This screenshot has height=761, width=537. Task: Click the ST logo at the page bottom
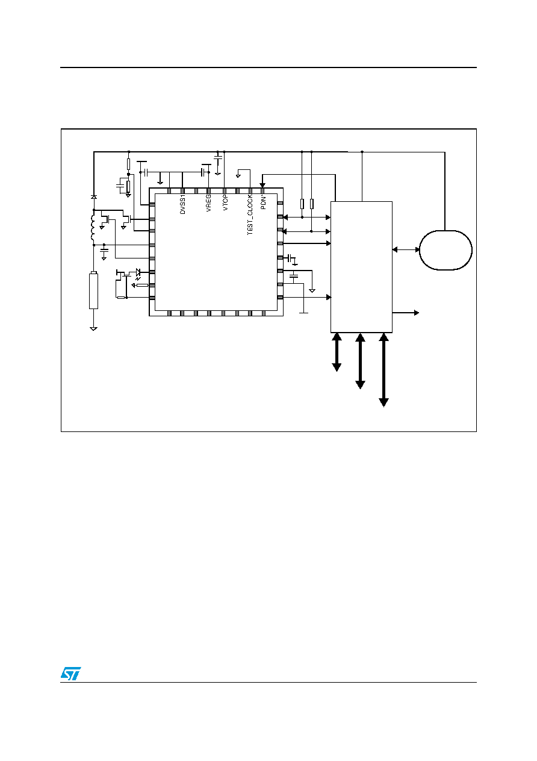pyautogui.click(x=70, y=674)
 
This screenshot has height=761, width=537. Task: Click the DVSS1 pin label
pyautogui.click(x=182, y=204)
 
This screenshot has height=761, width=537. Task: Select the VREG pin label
pyautogui.click(x=208, y=203)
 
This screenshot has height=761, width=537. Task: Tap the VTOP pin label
pyautogui.click(x=225, y=203)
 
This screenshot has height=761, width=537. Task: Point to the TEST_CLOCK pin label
pyautogui.click(x=250, y=215)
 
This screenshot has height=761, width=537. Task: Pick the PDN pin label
pyautogui.click(x=264, y=202)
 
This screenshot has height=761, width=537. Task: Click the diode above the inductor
pyautogui.click(x=94, y=197)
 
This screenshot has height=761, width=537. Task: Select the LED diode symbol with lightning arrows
pyautogui.click(x=138, y=274)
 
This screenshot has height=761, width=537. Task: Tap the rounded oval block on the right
pyautogui.click(x=445, y=250)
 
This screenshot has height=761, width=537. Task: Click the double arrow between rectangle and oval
pyautogui.click(x=406, y=249)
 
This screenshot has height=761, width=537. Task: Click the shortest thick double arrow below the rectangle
pyautogui.click(x=337, y=352)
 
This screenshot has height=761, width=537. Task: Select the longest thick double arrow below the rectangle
pyautogui.click(x=383, y=370)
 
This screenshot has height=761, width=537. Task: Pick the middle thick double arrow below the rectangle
pyautogui.click(x=360, y=361)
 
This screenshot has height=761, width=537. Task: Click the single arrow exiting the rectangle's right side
pyautogui.click(x=406, y=313)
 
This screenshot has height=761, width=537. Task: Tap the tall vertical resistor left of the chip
pyautogui.click(x=94, y=290)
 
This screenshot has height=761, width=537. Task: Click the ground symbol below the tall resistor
pyautogui.click(x=94, y=328)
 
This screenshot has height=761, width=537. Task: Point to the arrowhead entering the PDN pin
pyautogui.click(x=262, y=185)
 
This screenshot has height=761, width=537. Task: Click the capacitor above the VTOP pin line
pyautogui.click(x=218, y=157)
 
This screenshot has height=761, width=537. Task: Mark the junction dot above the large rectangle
pyautogui.click(x=362, y=152)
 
